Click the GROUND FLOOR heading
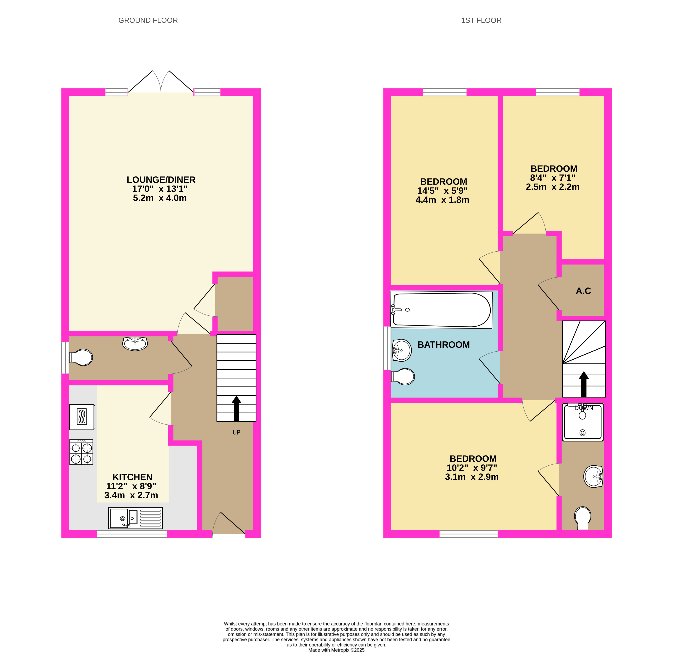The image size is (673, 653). [148, 21]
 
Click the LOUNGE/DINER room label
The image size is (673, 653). [161, 180]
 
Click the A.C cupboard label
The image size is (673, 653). [583, 291]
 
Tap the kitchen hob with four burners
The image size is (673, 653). [81, 452]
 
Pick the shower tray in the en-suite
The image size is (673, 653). [583, 422]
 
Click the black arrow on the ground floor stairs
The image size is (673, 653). [236, 409]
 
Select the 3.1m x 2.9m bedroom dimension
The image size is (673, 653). [472, 477]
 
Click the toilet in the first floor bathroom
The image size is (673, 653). [403, 377]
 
